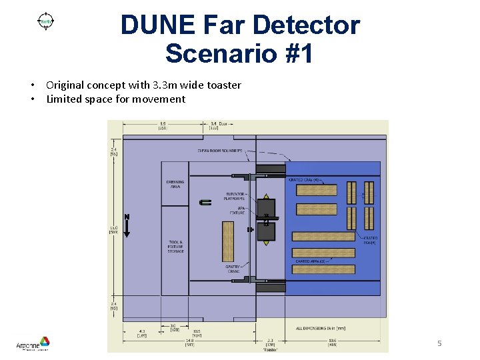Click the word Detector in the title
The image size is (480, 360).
(x=304, y=25)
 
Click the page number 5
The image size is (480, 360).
(x=439, y=343)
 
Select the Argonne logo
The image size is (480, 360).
(x=33, y=343)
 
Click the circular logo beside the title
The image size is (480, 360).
(x=46, y=21)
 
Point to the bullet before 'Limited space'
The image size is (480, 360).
(x=32, y=99)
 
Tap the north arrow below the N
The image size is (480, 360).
(x=127, y=228)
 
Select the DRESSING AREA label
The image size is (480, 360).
(x=175, y=184)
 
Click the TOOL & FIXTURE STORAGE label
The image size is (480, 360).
(x=175, y=247)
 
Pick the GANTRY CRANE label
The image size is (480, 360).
(x=233, y=269)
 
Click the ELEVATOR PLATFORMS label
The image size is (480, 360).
(x=234, y=196)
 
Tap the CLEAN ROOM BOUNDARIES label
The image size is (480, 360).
(x=220, y=151)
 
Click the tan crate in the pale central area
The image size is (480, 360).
(x=228, y=241)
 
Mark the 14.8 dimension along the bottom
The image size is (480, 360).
(x=190, y=341)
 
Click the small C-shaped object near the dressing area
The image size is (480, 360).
(x=205, y=201)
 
